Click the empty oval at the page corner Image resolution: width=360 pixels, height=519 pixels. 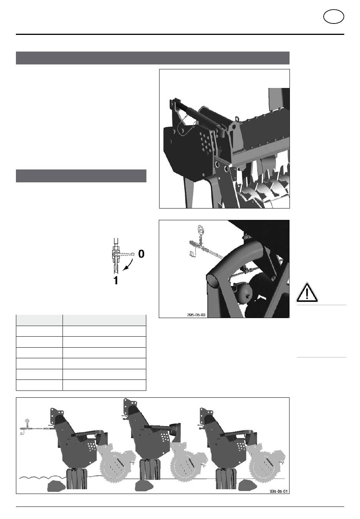(333, 16)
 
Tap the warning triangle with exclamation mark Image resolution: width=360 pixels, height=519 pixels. (307, 292)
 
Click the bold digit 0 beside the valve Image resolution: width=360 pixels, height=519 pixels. (141, 254)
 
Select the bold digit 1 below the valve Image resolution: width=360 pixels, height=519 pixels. (116, 280)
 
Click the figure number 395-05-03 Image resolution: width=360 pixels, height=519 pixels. (196, 315)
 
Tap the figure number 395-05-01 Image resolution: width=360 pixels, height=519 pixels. (279, 491)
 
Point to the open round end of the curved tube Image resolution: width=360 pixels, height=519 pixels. (213, 281)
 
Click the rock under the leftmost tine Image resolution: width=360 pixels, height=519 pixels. (56, 486)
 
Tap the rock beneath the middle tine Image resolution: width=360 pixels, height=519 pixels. (144, 485)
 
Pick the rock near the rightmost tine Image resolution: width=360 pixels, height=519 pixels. (247, 485)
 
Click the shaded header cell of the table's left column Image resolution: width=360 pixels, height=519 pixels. (39, 320)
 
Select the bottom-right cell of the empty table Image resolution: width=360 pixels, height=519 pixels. (104, 385)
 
